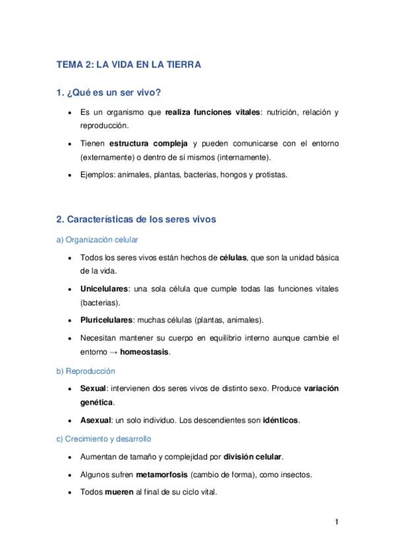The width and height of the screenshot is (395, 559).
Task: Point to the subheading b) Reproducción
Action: pos(86,371)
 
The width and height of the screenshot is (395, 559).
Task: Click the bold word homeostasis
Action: pos(144,352)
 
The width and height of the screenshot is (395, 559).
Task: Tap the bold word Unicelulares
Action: pos(104,289)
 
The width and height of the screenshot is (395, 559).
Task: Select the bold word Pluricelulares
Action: pos(106,320)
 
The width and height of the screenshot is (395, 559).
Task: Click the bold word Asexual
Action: pos(96,420)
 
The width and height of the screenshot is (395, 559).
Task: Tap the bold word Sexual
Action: pos(92,389)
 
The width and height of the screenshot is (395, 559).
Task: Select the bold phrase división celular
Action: pos(253,456)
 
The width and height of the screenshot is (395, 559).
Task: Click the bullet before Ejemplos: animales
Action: pos(70,175)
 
